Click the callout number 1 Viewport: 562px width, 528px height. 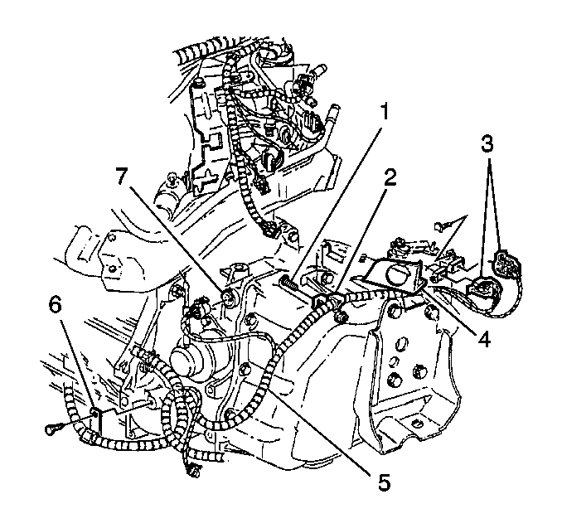coord(385,111)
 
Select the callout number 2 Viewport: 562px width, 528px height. coord(390,177)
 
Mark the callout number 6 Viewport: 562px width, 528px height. coord(56,299)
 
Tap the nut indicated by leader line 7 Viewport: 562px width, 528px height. coord(228,297)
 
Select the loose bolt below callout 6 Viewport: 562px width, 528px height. coord(54,429)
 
